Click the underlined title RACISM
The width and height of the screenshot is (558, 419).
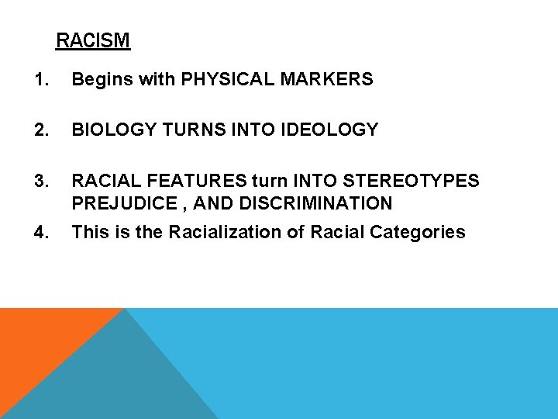[x=93, y=40]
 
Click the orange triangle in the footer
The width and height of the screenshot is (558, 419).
[x=39, y=341]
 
